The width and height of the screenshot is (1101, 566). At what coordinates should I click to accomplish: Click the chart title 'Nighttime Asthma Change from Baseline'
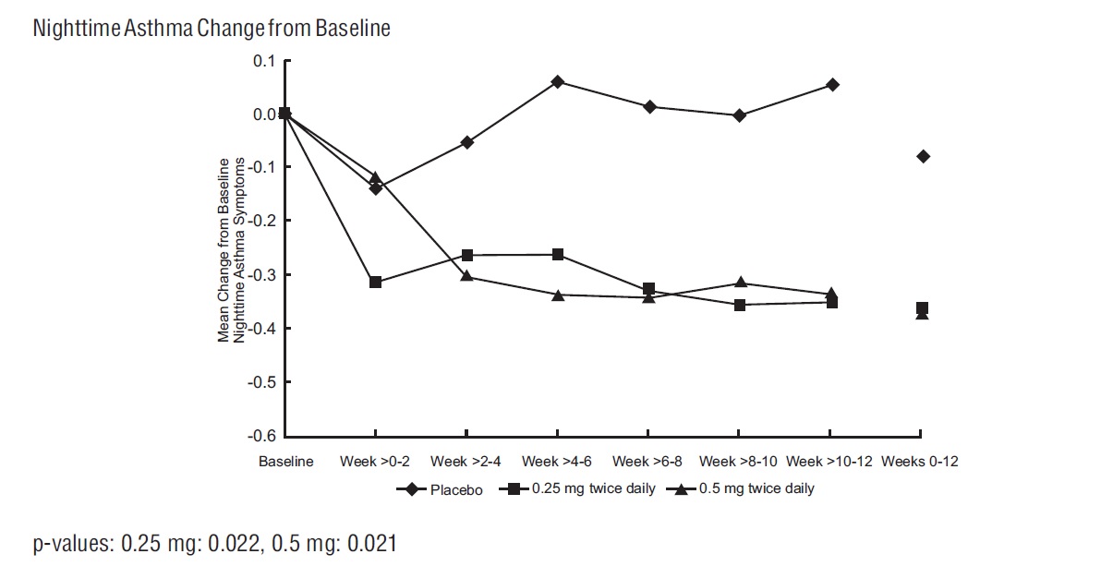tap(212, 29)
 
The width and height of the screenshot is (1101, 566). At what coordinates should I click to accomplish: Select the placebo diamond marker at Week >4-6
tap(558, 82)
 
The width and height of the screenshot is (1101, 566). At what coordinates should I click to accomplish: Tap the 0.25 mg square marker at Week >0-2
tap(375, 282)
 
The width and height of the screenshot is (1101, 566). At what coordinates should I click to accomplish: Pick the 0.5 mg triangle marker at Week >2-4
tap(466, 275)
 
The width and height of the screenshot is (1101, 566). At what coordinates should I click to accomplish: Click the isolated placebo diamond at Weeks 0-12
tap(922, 156)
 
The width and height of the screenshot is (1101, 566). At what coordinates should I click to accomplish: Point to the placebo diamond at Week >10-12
tap(832, 85)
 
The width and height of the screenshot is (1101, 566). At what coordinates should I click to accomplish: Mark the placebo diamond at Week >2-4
tap(466, 142)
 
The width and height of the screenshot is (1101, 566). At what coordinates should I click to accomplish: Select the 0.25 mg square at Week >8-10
tap(740, 305)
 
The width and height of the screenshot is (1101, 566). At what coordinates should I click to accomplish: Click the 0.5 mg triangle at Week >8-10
tap(740, 282)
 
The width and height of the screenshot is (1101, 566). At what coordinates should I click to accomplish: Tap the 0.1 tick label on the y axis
tap(265, 61)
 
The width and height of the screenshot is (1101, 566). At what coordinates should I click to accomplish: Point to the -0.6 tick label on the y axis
tap(262, 436)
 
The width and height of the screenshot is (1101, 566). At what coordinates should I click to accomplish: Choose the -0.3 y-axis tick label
tap(262, 275)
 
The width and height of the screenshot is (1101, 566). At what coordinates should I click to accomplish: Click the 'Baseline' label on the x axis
tap(285, 462)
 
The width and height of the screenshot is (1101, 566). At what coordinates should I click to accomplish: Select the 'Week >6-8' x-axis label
tap(647, 462)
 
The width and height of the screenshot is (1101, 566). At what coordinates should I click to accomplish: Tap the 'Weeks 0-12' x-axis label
tap(920, 462)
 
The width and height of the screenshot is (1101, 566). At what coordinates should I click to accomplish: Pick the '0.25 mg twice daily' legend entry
tap(591, 489)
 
